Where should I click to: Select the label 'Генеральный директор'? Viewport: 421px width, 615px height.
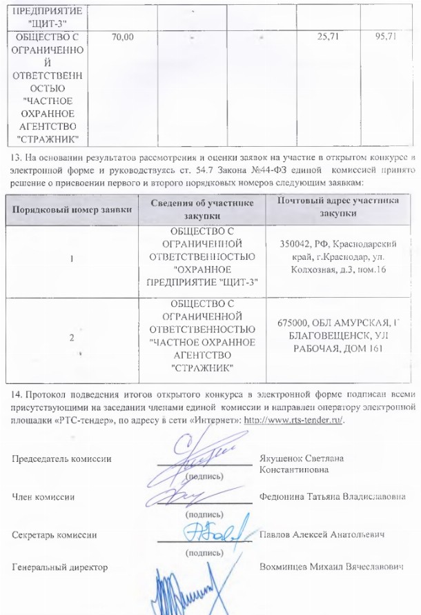(x=60, y=566)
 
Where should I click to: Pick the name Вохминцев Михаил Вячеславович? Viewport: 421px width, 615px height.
(x=331, y=566)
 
